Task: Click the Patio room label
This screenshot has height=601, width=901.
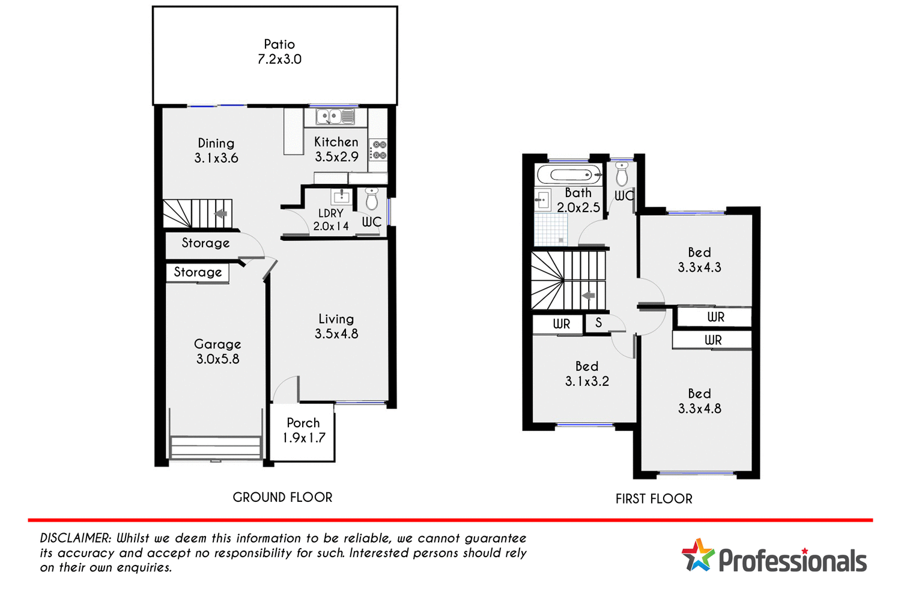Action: (279, 52)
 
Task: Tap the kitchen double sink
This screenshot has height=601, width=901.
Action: (335, 117)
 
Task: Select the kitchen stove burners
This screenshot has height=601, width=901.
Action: (378, 150)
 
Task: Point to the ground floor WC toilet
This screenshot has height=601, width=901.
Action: (372, 198)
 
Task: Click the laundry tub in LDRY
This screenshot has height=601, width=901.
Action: (341, 197)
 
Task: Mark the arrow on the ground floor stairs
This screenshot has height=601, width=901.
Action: (220, 213)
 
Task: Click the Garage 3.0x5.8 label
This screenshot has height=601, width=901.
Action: (217, 352)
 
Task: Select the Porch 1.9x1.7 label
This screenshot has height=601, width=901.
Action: (303, 430)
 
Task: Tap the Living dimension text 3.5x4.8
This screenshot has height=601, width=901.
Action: (336, 334)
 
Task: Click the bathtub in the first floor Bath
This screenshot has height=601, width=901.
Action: (568, 175)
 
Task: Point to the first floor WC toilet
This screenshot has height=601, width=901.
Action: (622, 174)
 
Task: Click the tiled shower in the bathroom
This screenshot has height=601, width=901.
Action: (551, 230)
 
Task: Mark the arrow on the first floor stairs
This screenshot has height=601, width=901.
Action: (588, 296)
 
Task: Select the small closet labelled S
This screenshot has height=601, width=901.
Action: (598, 323)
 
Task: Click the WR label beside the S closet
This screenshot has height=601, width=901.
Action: (561, 324)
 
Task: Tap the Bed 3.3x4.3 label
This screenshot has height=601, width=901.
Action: (699, 260)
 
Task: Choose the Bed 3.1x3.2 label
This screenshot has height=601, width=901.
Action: (587, 373)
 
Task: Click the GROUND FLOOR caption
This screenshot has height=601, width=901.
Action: (282, 498)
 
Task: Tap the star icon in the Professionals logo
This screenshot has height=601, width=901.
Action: (697, 555)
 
